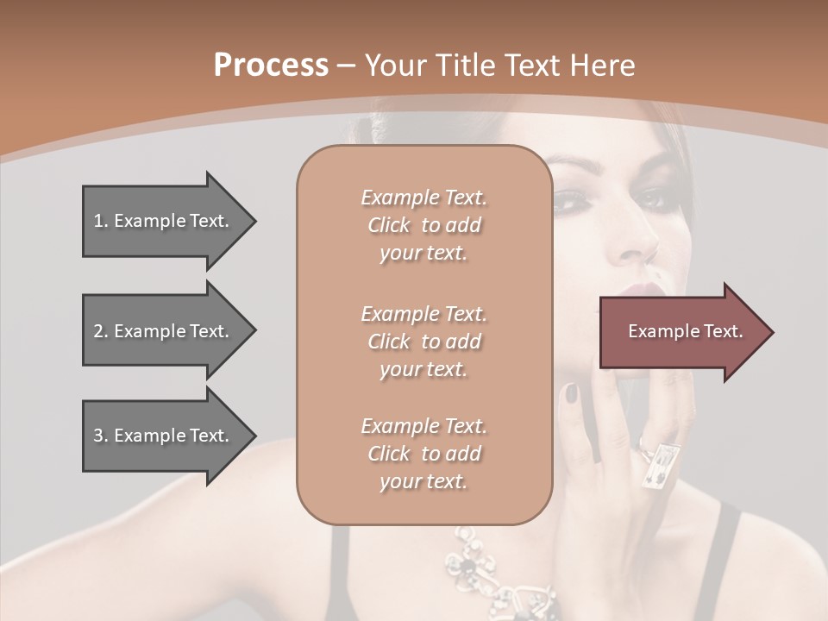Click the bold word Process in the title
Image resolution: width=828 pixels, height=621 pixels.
coord(271,66)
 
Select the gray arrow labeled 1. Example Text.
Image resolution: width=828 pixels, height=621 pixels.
coord(164,221)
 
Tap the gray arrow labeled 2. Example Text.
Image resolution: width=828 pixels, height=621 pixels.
coord(164,331)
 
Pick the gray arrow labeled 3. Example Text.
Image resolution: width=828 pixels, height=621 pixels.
coord(164,436)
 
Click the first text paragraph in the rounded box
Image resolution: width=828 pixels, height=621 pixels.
coord(423,225)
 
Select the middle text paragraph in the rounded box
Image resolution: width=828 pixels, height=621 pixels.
coord(423,342)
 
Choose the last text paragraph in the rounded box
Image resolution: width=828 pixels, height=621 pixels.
coord(423,454)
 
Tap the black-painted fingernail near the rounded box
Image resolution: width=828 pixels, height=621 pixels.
coord(571,393)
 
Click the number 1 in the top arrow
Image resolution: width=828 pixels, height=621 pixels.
coord(98,221)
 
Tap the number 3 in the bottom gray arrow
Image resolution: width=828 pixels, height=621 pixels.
coord(98,436)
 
